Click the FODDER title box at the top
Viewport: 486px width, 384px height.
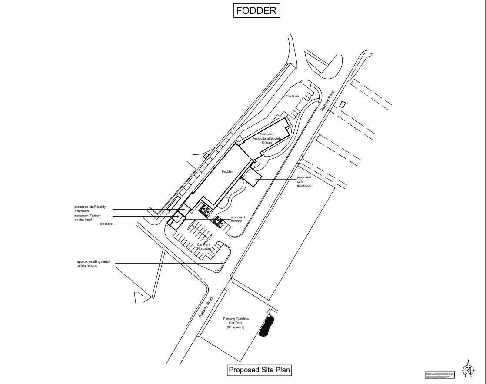[x=256, y=10]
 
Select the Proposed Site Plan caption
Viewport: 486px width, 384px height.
[x=260, y=370]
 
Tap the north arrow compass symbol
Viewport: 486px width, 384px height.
[x=468, y=370]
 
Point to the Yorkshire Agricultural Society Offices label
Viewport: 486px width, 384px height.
[x=267, y=138]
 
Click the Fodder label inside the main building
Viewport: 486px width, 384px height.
[x=227, y=172]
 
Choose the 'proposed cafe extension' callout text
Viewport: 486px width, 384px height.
[x=304, y=181]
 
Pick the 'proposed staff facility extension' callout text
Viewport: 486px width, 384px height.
[x=90, y=209]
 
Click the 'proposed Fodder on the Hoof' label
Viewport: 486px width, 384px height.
[x=87, y=218]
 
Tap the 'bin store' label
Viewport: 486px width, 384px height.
[x=106, y=224]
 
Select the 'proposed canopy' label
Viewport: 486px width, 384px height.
[x=237, y=219]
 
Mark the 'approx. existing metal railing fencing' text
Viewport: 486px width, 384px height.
[x=93, y=264]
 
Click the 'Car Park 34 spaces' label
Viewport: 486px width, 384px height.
[x=204, y=247]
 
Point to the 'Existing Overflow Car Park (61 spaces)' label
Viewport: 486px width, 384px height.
[x=236, y=323]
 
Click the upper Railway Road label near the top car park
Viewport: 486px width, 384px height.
[x=328, y=100]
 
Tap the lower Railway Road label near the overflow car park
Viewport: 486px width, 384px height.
[x=206, y=307]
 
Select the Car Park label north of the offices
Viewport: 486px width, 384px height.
[x=292, y=96]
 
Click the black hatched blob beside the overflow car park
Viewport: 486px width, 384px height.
[x=266, y=327]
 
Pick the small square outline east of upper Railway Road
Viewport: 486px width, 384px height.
[x=343, y=104]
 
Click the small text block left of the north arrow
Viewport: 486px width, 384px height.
[x=439, y=374]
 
